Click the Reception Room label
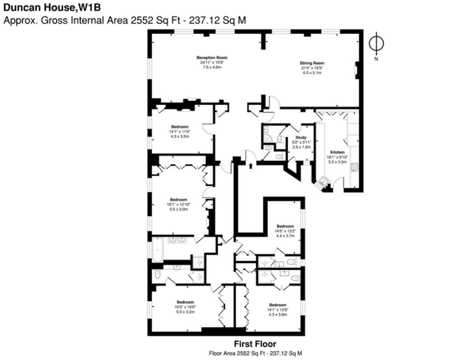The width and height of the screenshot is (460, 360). [x=212, y=58]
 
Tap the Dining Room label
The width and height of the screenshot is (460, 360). [x=312, y=63]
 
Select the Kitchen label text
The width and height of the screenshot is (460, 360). [x=337, y=152]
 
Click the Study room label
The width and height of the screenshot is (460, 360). [x=301, y=137]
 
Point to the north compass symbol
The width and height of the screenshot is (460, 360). [x=376, y=44]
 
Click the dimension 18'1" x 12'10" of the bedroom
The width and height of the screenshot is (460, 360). [x=178, y=204]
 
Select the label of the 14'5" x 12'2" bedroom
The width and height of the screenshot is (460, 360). [x=285, y=226]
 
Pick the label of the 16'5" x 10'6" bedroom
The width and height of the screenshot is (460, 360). [x=186, y=302]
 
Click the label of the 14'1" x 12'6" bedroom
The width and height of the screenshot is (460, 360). [x=278, y=305]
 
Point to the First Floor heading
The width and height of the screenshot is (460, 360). [x=255, y=344]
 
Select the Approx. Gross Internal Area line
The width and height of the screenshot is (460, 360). [x=124, y=20]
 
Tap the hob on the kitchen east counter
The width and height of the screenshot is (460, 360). [x=354, y=168]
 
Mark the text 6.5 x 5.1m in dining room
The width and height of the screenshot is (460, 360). [x=312, y=73]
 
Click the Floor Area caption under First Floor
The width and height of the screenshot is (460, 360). [x=255, y=353]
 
